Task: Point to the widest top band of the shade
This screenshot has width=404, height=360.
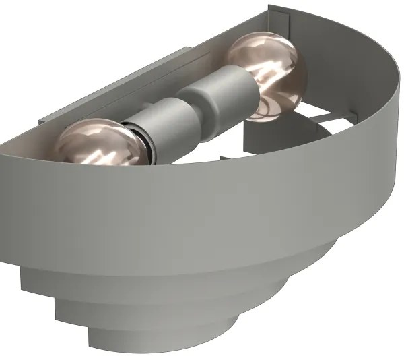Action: [202, 209]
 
